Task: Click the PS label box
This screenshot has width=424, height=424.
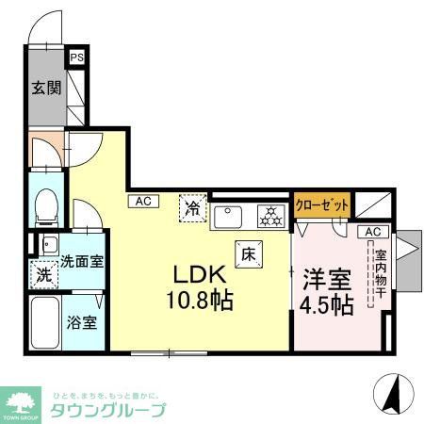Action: [x=76, y=57]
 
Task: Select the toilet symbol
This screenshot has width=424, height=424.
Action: [x=43, y=206]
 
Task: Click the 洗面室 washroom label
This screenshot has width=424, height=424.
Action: [x=82, y=260]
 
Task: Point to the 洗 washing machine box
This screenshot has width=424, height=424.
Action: [x=43, y=276]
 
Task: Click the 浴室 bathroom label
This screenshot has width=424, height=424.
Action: [x=80, y=320]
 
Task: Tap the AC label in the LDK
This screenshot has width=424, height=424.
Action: [x=142, y=201]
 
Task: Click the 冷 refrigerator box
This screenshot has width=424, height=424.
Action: [x=192, y=206]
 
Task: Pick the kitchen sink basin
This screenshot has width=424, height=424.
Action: [x=229, y=218]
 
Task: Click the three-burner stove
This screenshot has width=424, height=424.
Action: [x=271, y=218]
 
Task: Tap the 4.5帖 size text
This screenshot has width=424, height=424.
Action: [x=327, y=305]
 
